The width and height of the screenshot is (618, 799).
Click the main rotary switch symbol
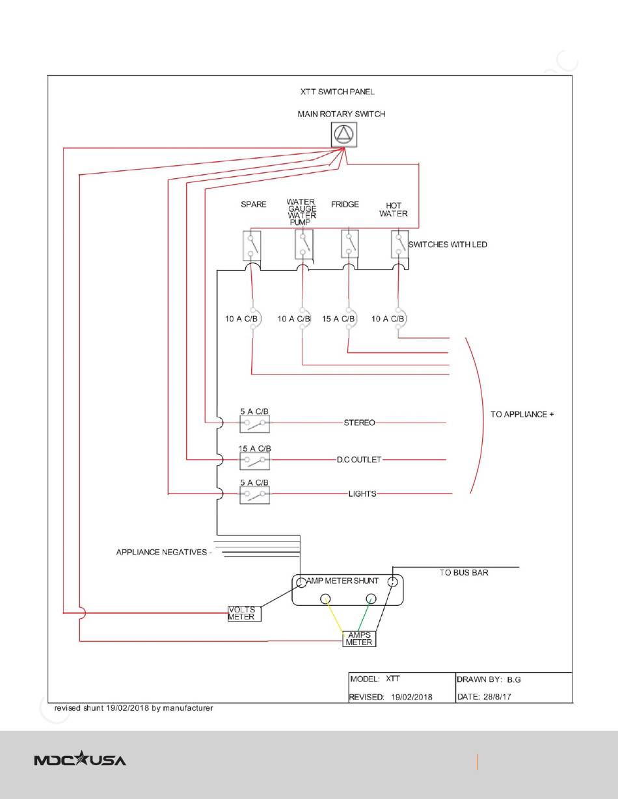coord(344,135)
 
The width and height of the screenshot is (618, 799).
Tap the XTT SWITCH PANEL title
coord(338,92)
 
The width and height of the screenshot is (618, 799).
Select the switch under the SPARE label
coord(252,246)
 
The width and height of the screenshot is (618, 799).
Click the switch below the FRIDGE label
coord(349,244)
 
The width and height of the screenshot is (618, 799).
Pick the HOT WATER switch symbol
coord(399,244)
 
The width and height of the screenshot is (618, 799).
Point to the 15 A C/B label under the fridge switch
coord(338,319)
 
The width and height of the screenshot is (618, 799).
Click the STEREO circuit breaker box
coord(254,424)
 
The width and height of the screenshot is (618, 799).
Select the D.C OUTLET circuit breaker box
coord(254,461)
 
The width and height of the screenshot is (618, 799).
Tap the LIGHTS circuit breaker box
coord(254,495)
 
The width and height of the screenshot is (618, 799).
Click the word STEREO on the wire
coord(359,423)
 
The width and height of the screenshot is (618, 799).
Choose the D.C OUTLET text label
coord(359,460)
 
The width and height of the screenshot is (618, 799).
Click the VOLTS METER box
coord(245,614)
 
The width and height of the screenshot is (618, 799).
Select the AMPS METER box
coord(359,638)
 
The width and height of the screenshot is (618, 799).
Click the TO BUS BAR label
coord(464,573)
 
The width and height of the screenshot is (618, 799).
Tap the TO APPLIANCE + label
coord(522,414)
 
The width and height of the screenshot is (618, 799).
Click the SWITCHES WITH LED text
coord(448,244)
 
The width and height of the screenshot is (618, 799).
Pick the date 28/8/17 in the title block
coord(498,696)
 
